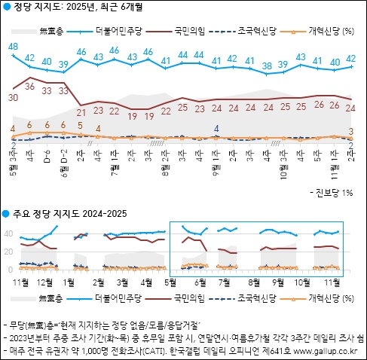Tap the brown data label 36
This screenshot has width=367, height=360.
point(30,87)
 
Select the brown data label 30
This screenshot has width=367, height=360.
point(13,97)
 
